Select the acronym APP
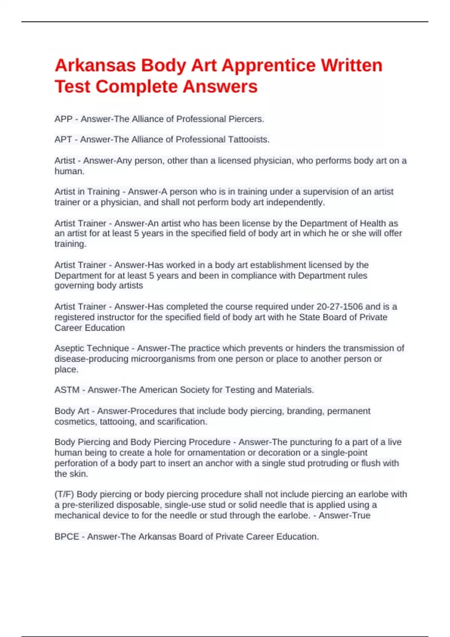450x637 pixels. [x=63, y=119]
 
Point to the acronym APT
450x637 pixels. [x=63, y=140]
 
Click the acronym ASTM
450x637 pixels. [x=67, y=390]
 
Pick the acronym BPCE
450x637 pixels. [x=67, y=537]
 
